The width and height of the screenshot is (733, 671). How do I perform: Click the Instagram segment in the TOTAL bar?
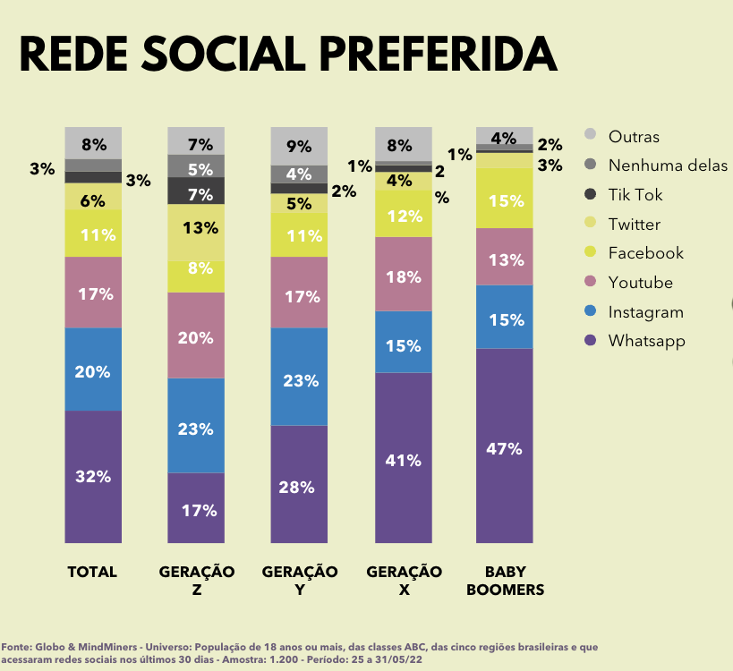pyautogui.click(x=93, y=369)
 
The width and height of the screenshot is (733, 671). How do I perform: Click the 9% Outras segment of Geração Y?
pyautogui.click(x=299, y=146)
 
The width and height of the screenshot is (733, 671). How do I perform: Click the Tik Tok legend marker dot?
pyautogui.click(x=590, y=194)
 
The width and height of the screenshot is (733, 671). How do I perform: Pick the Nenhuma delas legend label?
pyautogui.click(x=667, y=165)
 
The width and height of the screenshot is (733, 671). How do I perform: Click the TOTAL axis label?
pyautogui.click(x=93, y=572)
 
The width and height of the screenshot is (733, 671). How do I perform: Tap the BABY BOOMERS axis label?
pyautogui.click(x=505, y=581)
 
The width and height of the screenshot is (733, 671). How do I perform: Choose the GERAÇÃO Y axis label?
pyautogui.click(x=299, y=581)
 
